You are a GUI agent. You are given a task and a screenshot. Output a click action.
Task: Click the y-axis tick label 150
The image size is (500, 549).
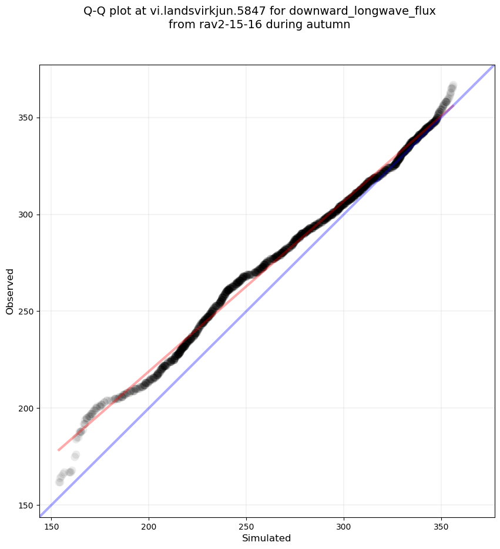coord(28,505)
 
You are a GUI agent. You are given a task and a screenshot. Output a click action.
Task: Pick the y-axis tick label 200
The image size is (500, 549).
coord(28,409)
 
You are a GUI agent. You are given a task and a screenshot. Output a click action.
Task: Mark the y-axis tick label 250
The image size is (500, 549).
coord(28,312)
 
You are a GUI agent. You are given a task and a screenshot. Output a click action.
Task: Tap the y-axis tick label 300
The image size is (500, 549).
coord(28,215)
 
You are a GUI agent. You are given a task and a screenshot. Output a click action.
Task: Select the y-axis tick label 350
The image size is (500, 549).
coord(28,118)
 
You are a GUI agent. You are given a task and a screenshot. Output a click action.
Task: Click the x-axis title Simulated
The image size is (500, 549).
coord(266,538)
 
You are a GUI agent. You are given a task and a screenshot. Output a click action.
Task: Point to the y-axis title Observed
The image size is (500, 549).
coord(10,291)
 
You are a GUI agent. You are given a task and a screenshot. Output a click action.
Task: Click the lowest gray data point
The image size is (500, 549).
coord(59,482)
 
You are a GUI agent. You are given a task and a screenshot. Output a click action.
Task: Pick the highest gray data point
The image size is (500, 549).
coord(453,85)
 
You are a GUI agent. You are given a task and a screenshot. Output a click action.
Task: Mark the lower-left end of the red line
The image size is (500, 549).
coord(58,450)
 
